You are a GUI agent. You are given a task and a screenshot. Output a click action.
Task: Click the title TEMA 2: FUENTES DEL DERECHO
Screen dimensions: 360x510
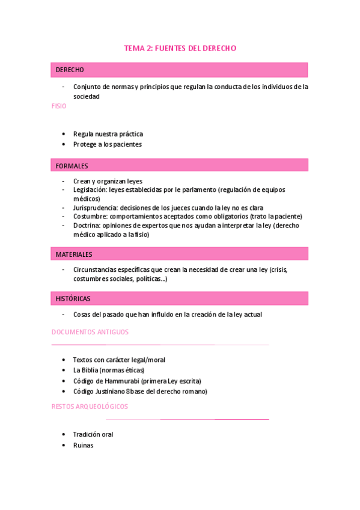[180, 48]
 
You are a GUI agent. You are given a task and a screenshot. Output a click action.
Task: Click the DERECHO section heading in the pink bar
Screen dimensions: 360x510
[70, 70]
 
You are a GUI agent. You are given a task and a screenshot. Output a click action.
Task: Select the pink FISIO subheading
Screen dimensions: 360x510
[59, 106]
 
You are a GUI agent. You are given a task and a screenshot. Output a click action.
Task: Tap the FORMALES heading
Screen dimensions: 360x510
[72, 165]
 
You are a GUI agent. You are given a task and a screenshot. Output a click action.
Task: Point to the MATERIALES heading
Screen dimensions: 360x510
[74, 254]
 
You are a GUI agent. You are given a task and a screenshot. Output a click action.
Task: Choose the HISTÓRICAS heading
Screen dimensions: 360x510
[73, 298]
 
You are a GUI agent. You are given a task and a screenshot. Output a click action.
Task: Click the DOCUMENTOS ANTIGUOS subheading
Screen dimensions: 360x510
[90, 332]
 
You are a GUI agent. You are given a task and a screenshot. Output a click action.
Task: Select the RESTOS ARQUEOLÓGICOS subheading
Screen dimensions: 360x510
[90, 407]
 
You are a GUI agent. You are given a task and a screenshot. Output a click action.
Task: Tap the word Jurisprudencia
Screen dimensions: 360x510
[91, 207]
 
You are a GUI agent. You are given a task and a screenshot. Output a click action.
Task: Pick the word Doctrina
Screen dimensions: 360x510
[85, 226]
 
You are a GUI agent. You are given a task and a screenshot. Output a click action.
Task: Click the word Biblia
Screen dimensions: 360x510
[90, 370]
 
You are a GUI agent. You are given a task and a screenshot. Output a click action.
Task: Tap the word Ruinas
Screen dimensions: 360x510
[83, 445]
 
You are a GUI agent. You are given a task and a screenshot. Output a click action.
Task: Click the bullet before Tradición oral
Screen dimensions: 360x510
[64, 434]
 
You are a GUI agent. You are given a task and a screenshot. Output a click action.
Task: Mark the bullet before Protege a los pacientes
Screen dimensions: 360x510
[64, 144]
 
